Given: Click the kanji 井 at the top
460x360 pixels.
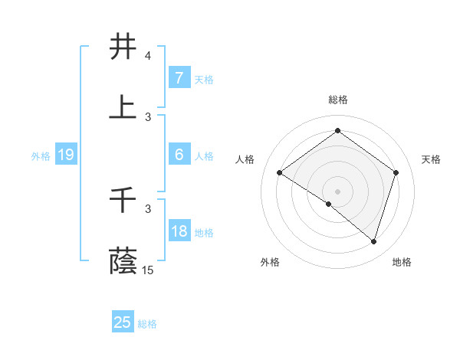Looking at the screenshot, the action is click(123, 47).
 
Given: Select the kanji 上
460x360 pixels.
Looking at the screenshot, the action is click(123, 107).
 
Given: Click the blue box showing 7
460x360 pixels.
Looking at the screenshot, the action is click(179, 77).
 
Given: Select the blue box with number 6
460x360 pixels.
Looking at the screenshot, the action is click(179, 154).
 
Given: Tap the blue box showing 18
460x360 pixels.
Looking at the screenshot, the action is click(179, 231).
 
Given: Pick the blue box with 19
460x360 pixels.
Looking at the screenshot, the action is click(65, 155).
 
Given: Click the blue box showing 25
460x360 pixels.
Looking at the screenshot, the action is click(123, 322).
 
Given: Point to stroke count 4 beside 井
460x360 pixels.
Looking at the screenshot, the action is click(148, 56).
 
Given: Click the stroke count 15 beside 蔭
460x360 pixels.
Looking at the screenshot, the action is click(148, 270).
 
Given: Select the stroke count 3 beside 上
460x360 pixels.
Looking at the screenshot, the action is click(148, 116).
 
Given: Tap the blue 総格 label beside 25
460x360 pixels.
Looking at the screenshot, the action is click(147, 324).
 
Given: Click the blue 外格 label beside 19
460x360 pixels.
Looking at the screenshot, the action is click(41, 155).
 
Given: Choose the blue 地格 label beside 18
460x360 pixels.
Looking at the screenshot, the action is click(204, 232).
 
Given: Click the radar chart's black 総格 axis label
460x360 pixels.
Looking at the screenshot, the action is click(337, 100).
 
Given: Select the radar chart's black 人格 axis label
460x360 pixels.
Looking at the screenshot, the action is click(245, 159).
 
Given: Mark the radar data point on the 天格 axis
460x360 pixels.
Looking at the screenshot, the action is click(396, 172).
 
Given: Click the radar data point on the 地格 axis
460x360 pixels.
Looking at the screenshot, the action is click(374, 241).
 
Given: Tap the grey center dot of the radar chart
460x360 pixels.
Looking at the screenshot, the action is click(337, 191).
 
